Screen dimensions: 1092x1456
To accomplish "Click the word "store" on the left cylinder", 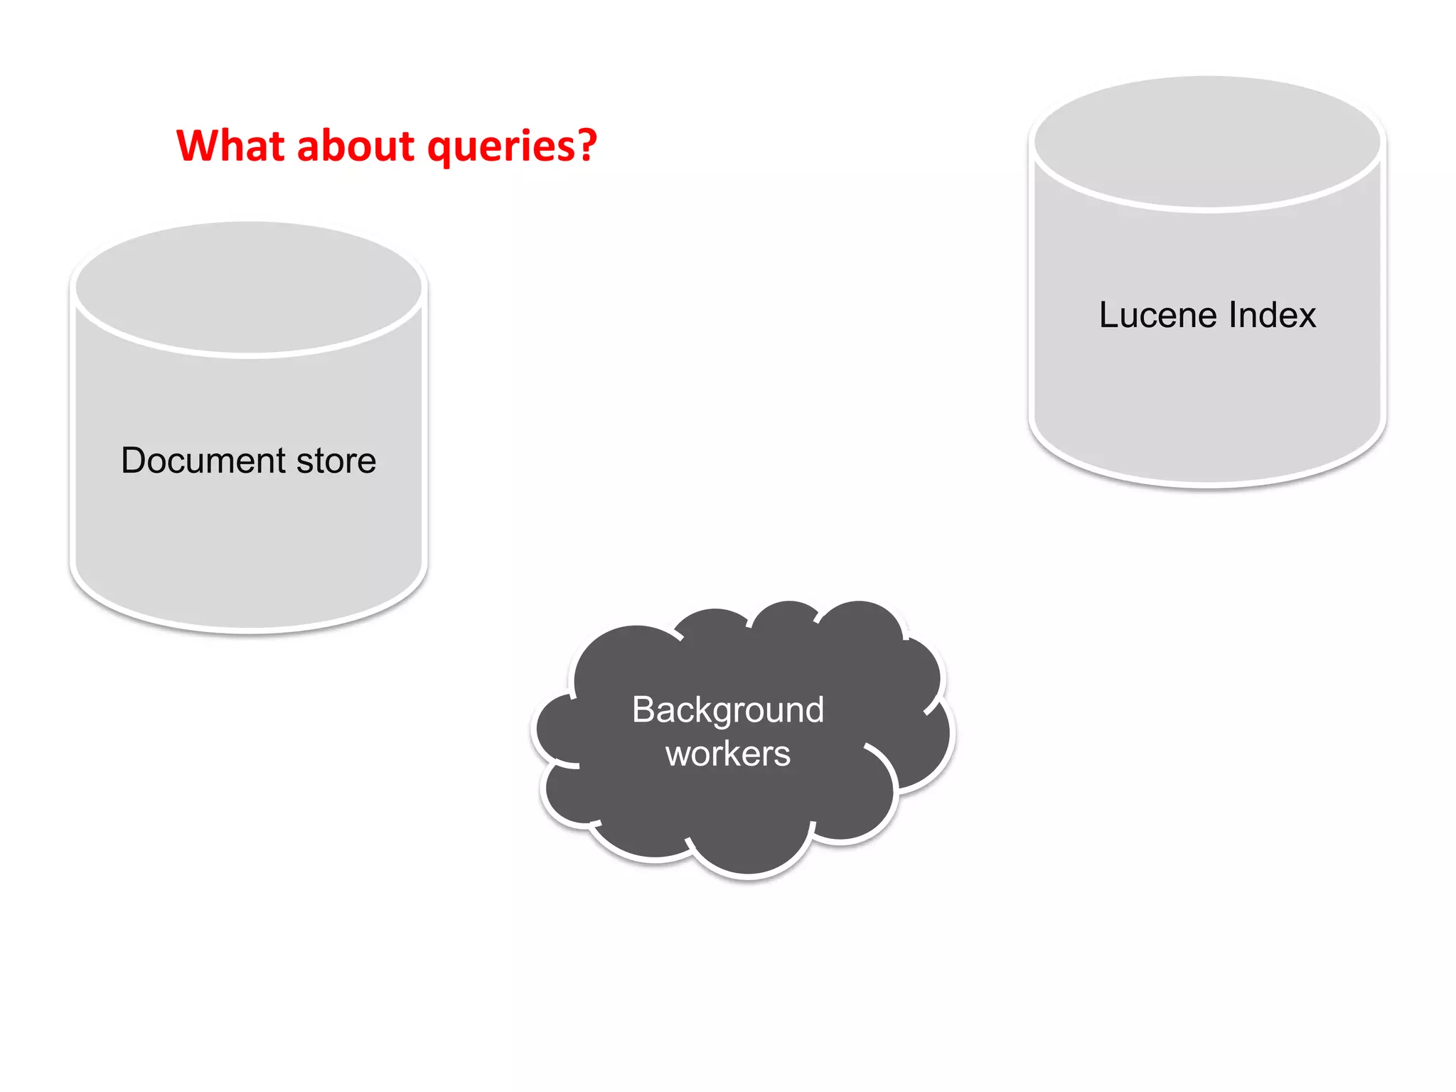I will pyautogui.click(x=336, y=461).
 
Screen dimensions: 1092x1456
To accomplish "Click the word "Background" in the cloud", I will pyautogui.click(x=728, y=710).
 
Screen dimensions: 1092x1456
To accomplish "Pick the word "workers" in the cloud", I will pyautogui.click(x=728, y=754).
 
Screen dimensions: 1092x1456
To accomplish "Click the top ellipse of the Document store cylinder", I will pyautogui.click(x=249, y=287).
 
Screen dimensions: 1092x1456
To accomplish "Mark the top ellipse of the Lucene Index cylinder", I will pyautogui.click(x=1207, y=142).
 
